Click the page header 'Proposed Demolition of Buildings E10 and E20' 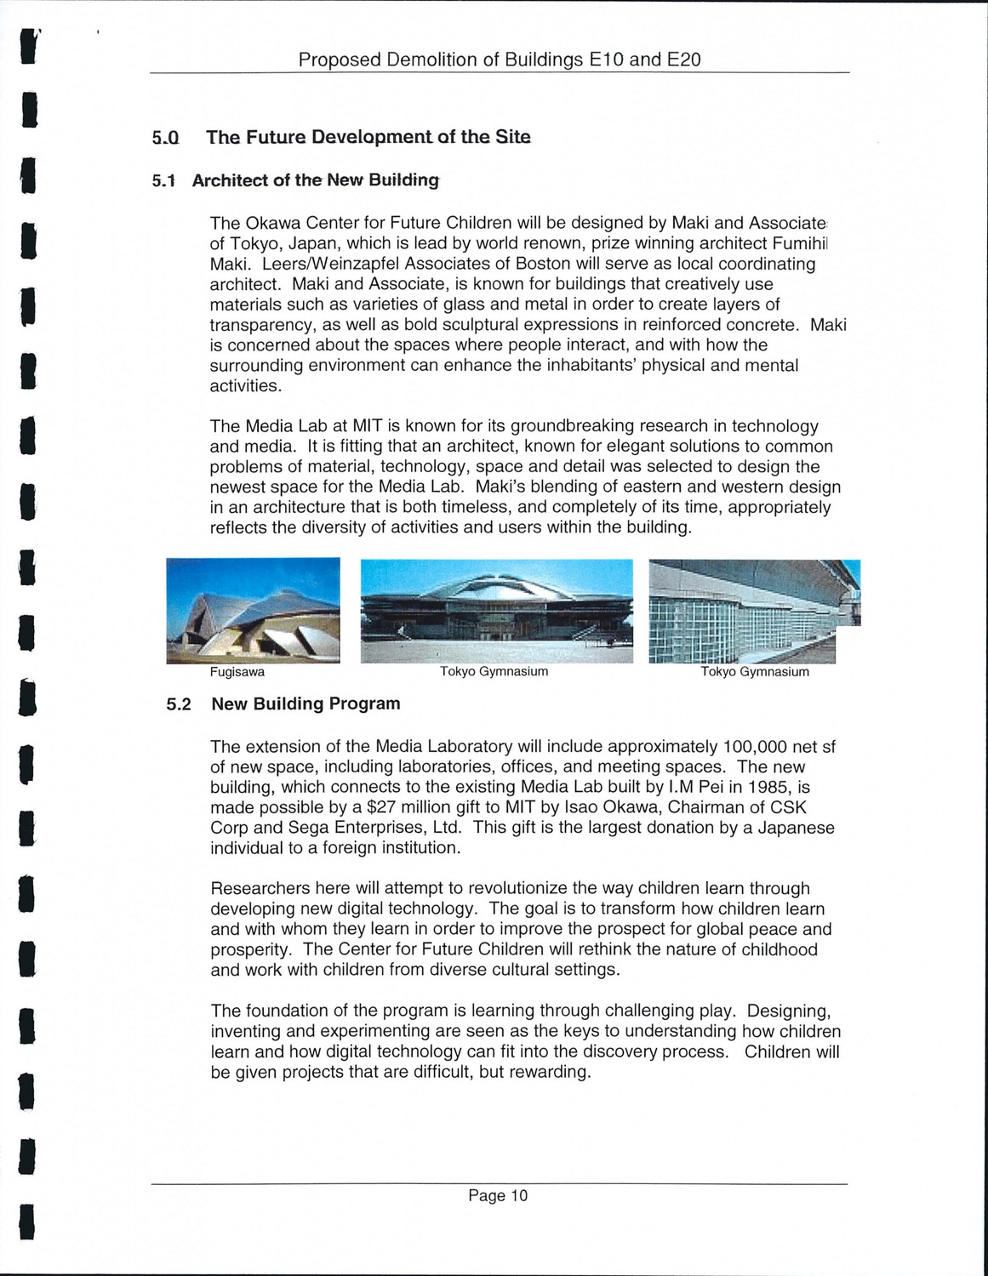(x=500, y=60)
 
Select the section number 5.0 (x=166, y=138)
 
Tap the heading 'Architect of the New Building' (x=316, y=180)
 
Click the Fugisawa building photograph (x=253, y=610)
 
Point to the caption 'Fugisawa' (x=237, y=672)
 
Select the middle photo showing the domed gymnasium (x=497, y=610)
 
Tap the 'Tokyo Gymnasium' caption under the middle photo (x=494, y=672)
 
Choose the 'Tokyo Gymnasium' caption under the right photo (x=755, y=672)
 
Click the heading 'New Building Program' (x=306, y=704)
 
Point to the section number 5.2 (x=179, y=704)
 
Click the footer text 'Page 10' (x=498, y=1196)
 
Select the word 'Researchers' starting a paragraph (x=260, y=889)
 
